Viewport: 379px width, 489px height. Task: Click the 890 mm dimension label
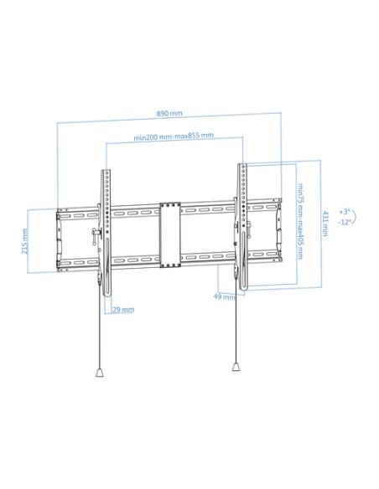tap(169, 113)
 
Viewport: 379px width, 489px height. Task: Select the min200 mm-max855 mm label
tap(174, 136)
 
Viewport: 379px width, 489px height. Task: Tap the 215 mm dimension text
tap(24, 241)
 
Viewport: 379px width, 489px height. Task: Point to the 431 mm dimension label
tap(325, 224)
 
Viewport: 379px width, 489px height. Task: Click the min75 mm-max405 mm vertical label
tap(300, 221)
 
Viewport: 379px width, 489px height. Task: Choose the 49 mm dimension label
tap(225, 297)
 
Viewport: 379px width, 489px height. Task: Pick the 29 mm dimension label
tap(123, 310)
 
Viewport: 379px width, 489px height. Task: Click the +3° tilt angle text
tap(345, 212)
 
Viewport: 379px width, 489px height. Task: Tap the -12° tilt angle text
tap(345, 222)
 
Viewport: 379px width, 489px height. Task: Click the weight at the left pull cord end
tap(100, 373)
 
